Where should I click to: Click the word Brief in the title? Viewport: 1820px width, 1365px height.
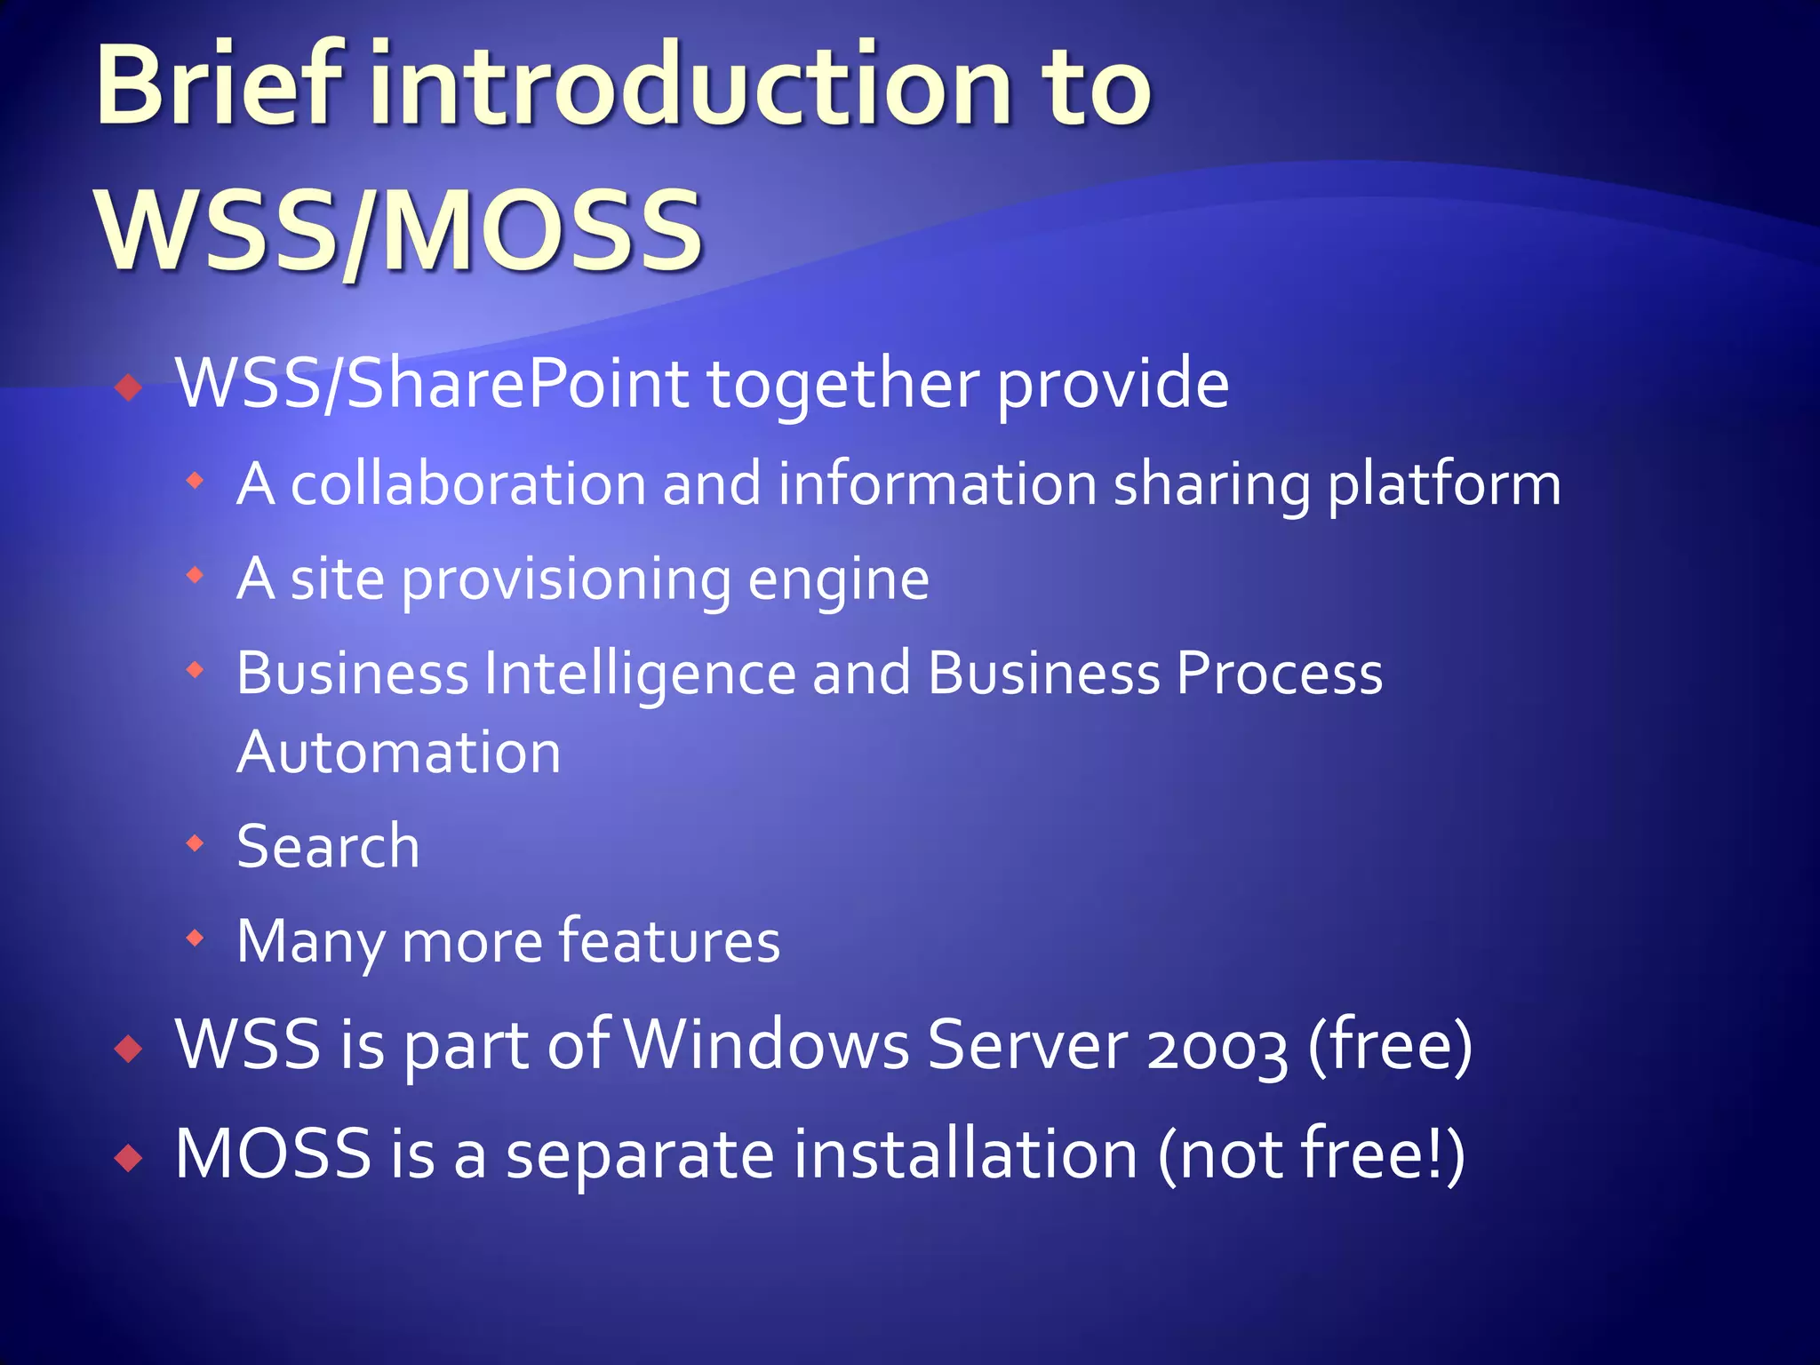tap(219, 86)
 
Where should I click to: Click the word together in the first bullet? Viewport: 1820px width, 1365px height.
tap(843, 384)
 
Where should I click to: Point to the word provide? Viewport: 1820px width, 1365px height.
tap(1113, 384)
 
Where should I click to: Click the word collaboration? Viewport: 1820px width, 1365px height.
tap(468, 485)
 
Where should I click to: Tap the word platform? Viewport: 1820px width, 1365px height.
tap(1443, 485)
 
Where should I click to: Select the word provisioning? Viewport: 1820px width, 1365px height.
tap(565, 579)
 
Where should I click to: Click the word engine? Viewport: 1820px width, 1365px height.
tap(838, 579)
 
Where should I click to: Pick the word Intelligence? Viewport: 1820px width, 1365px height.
tap(640, 673)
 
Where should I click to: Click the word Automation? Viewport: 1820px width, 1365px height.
tap(399, 753)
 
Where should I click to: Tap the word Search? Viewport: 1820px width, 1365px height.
tap(328, 846)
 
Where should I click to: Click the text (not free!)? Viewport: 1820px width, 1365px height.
tap(1311, 1153)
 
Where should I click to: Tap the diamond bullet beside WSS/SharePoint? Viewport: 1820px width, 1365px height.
tap(130, 387)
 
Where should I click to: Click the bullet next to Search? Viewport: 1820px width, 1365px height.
tap(196, 842)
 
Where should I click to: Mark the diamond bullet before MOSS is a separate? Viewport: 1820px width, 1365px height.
tap(130, 1157)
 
